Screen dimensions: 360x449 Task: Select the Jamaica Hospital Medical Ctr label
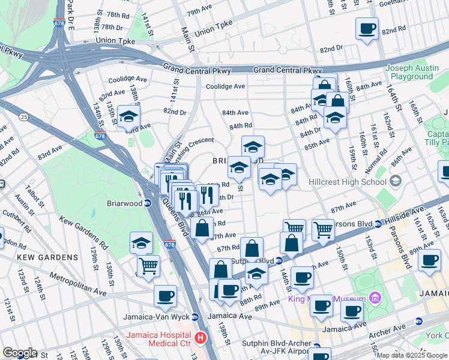(x=159, y=338)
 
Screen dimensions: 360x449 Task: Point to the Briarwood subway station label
(x=124, y=203)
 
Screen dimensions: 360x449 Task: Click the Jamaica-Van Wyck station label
(x=156, y=317)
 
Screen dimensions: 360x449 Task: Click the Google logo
(x=19, y=353)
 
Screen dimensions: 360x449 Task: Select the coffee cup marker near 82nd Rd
(x=367, y=28)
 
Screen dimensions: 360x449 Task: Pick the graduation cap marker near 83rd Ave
(x=128, y=117)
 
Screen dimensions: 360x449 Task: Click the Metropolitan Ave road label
(x=78, y=285)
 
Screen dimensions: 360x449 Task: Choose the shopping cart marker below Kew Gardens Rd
(x=148, y=266)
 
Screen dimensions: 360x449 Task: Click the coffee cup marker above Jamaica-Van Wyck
(x=165, y=295)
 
